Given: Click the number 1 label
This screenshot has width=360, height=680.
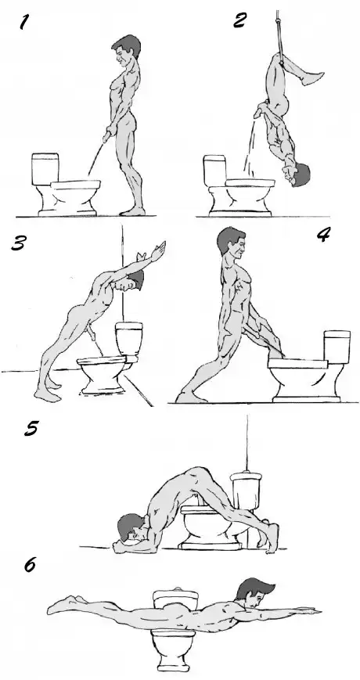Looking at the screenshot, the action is tap(25, 23).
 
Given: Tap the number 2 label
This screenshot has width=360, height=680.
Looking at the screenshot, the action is tap(240, 20).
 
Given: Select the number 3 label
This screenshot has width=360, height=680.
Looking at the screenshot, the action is tap(19, 243).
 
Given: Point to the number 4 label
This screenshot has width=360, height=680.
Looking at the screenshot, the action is tap(323, 234).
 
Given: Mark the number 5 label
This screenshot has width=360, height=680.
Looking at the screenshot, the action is tap(31, 429).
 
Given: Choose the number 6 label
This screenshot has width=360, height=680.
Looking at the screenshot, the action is tap(29, 565).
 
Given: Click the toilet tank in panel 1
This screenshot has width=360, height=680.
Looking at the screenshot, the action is tap(45, 169).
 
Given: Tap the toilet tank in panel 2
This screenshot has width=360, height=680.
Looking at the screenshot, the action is tap(214, 171).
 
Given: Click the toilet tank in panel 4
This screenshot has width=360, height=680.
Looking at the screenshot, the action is tap(337, 347).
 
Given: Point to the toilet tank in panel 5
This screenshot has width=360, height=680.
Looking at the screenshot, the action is tap(246, 491).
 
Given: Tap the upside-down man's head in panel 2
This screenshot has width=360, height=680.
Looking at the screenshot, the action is tap(298, 174).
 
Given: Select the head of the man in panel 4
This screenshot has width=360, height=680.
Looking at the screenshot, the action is tap(231, 242).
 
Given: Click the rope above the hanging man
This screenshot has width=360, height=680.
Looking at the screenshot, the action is tap(279, 31).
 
